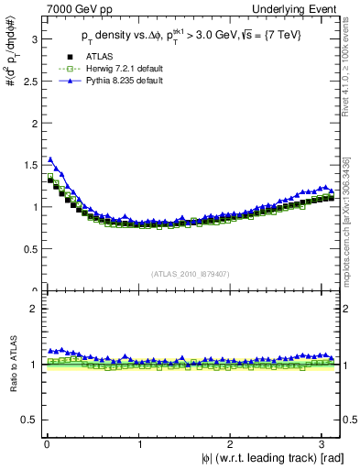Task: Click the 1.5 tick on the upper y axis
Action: pyautogui.click(x=27, y=165)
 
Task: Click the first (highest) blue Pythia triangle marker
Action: pyautogui.click(x=50, y=159)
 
